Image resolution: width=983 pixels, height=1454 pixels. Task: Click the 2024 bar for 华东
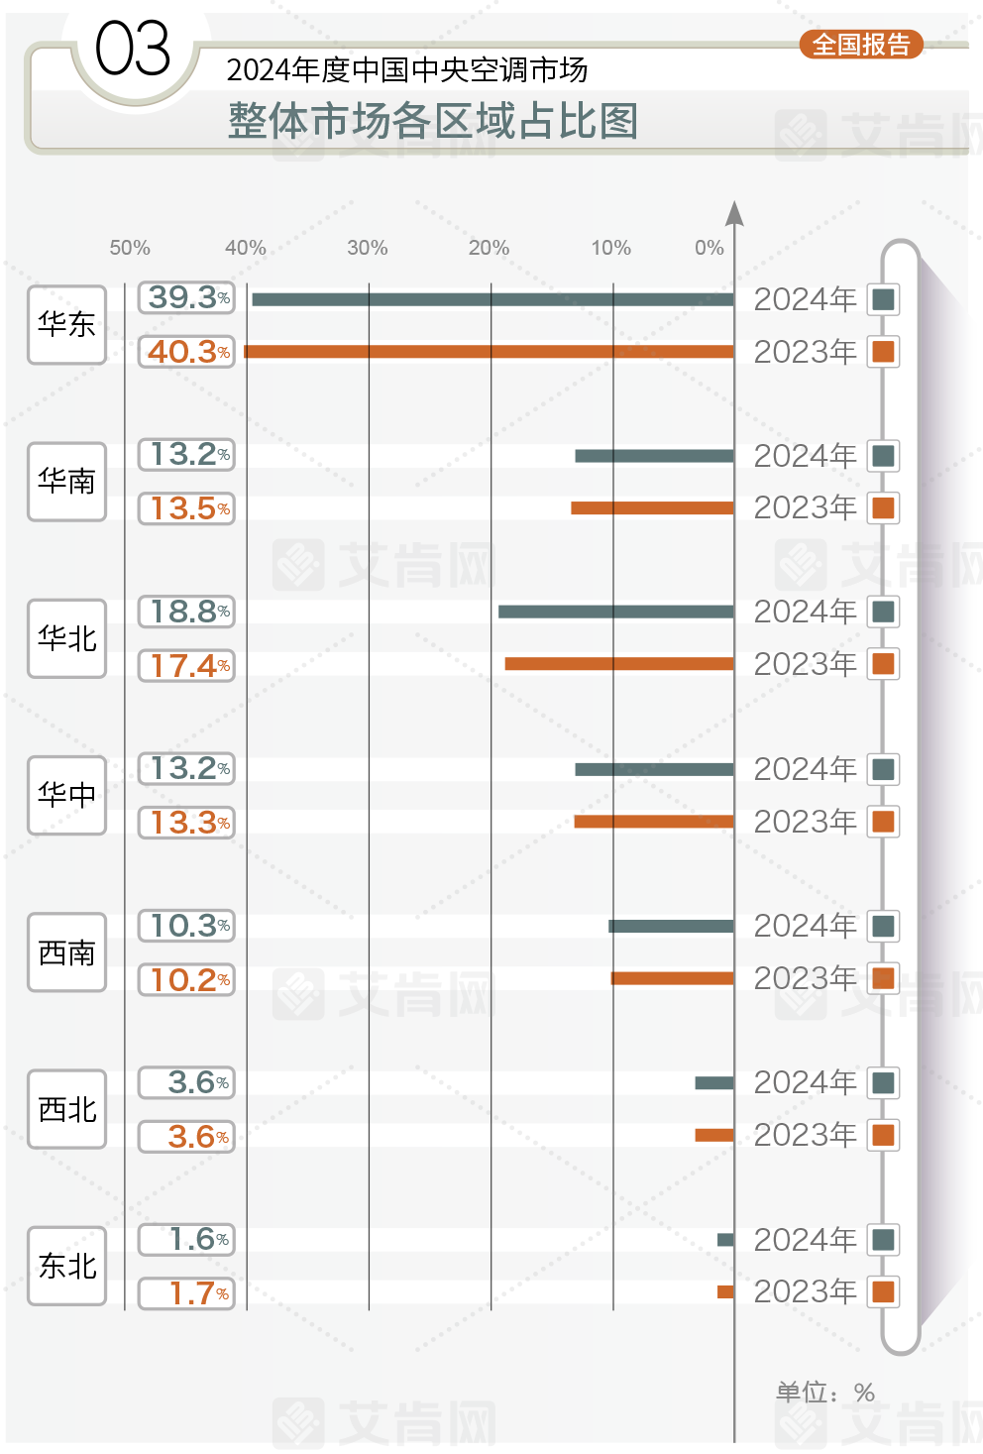coord(492,299)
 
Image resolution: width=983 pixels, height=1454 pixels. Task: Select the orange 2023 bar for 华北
coord(619,664)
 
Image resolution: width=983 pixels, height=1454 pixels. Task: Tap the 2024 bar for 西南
coord(671,926)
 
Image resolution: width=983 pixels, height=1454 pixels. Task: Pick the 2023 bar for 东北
coord(725,1291)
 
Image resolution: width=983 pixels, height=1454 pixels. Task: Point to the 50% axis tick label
coord(130,248)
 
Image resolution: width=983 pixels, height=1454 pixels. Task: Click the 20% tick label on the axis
coord(489,248)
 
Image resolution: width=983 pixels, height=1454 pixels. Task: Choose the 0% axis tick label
coord(709,248)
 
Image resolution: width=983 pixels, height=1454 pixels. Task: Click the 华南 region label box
coord(66,482)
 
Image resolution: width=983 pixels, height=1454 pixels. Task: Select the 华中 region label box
coord(66,795)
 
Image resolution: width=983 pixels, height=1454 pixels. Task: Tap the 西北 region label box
coord(66,1109)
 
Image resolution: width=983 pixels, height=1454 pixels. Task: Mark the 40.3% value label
coord(186,352)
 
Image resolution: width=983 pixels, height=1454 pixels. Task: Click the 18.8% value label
coord(186,612)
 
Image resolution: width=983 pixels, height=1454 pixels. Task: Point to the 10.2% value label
coord(186,980)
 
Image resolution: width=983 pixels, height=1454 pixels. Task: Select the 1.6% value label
coord(186,1239)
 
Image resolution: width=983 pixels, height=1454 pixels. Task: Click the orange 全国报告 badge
coord(861,45)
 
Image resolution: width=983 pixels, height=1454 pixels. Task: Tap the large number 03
coord(133,50)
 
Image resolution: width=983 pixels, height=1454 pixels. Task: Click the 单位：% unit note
coord(824,1393)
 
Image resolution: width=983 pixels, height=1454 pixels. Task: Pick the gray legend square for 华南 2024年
coord(883,456)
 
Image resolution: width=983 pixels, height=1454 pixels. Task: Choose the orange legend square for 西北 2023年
coord(883,1135)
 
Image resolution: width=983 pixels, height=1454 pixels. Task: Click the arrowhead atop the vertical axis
coord(734,212)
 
